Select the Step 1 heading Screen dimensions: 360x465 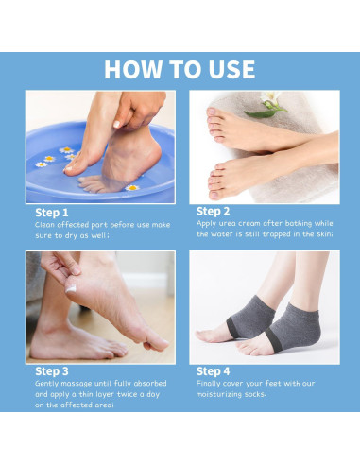[52, 213]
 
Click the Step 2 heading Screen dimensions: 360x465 [213, 212]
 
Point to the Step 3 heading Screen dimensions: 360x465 [52, 371]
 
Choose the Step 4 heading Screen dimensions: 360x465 [213, 371]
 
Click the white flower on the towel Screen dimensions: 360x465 [269, 97]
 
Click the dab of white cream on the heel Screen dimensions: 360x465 [71, 288]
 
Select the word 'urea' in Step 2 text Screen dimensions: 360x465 [227, 223]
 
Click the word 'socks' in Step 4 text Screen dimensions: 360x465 [254, 394]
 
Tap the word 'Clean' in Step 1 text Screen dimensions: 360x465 [44, 225]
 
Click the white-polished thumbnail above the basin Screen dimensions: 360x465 [116, 124]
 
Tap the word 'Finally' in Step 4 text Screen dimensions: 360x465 [208, 384]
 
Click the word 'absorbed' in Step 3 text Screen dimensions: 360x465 [150, 384]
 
